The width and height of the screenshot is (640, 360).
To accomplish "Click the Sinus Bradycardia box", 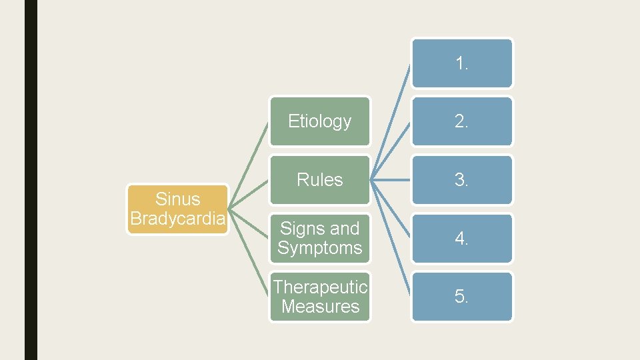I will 178,209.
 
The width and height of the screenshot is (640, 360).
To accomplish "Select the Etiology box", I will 319,121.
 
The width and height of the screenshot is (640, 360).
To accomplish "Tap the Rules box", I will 319,180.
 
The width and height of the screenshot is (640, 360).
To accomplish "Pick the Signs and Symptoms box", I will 319,238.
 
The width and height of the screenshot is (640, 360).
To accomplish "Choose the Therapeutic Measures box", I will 319,297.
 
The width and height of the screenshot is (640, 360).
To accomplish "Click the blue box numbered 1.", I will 462,63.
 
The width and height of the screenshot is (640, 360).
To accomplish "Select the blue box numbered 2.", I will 462,121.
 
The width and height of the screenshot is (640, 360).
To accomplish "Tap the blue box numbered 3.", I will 462,180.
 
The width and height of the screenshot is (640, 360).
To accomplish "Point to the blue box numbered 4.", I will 462,238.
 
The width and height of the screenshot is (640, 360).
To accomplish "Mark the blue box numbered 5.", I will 462,297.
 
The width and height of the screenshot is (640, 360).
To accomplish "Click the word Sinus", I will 177,199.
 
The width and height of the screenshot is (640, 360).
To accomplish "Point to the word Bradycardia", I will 178,219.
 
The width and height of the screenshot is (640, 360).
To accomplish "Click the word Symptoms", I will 319,248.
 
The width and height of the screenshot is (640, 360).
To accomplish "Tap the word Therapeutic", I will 320,287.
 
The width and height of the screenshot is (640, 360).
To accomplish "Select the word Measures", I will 320,307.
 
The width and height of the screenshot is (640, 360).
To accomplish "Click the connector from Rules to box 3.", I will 391,180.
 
